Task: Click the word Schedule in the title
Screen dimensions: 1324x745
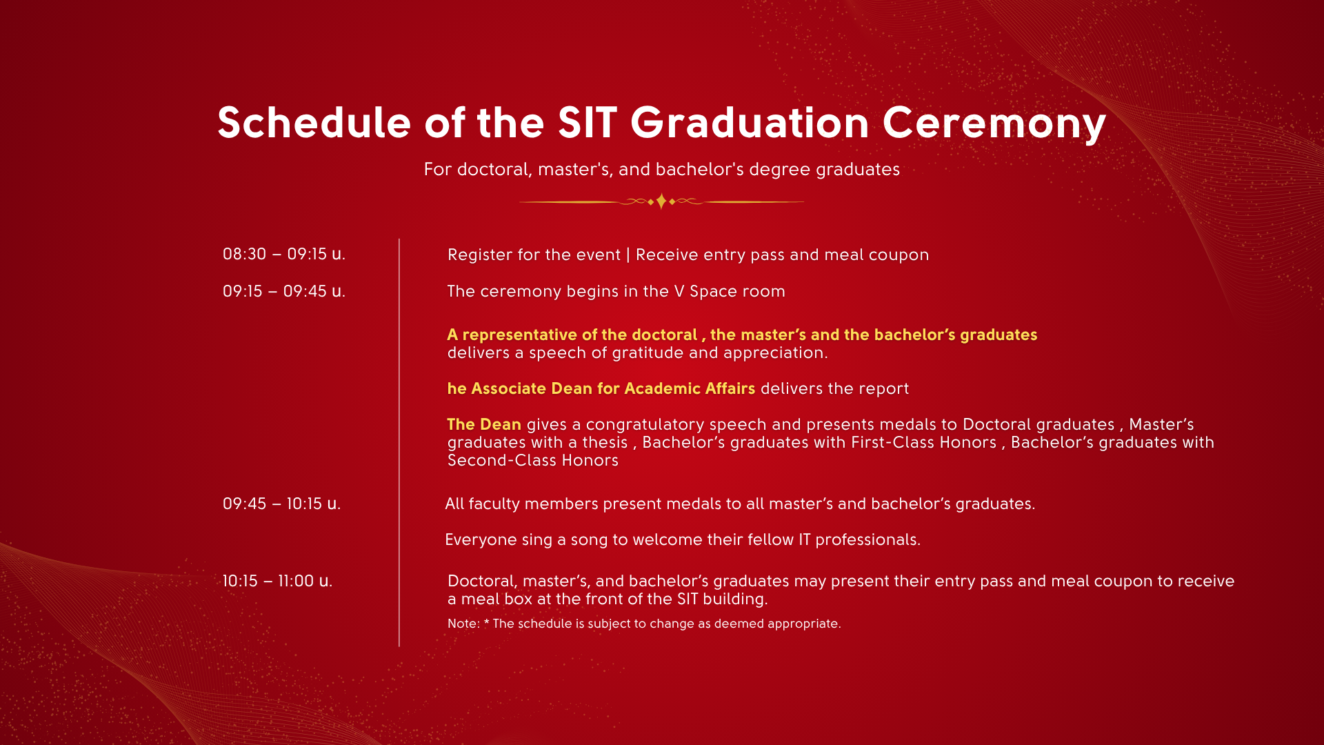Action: pos(314,123)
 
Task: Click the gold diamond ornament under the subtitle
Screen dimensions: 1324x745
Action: pos(661,201)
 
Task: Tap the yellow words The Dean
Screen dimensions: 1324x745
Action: pos(484,424)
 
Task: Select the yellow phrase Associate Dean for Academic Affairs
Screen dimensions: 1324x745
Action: pos(613,388)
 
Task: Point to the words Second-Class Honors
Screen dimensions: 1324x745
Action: pos(533,460)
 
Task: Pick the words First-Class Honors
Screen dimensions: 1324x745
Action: pos(924,442)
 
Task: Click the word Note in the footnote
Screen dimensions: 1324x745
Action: pos(462,624)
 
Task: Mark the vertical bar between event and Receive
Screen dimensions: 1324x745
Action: pos(628,255)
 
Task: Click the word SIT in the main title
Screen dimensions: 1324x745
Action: pos(588,123)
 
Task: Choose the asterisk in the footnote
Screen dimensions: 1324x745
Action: pos(486,622)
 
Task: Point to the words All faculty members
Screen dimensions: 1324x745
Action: pos(522,504)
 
